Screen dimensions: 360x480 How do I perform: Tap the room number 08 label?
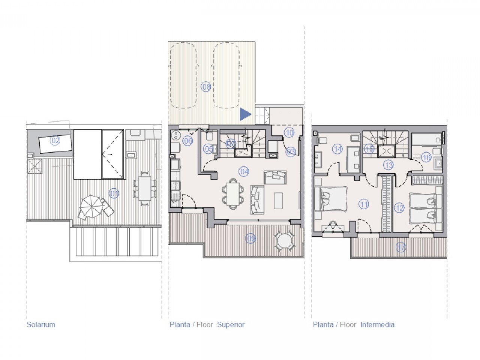click(x=206, y=87)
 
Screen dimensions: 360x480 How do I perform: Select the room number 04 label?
click(x=244, y=172)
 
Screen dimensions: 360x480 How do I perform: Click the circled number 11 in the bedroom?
click(x=364, y=204)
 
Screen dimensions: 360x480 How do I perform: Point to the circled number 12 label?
click(x=399, y=208)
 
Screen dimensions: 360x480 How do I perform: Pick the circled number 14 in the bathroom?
click(x=337, y=149)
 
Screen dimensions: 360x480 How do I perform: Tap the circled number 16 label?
click(x=426, y=157)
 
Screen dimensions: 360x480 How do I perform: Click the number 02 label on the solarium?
click(x=55, y=141)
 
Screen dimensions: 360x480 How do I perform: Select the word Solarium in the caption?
click(x=40, y=325)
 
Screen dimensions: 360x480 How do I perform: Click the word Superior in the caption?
click(x=231, y=325)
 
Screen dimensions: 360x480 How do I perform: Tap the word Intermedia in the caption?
click(x=377, y=325)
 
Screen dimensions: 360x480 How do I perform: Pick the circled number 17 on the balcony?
click(x=401, y=247)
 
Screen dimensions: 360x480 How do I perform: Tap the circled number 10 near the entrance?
click(x=289, y=132)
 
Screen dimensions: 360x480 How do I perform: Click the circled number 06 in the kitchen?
click(x=188, y=141)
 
